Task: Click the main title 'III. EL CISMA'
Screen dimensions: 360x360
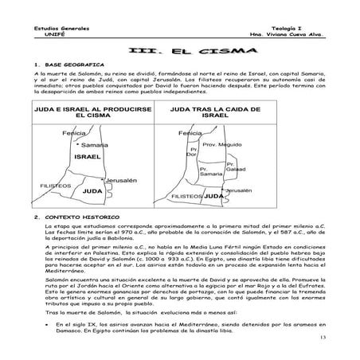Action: [181, 51]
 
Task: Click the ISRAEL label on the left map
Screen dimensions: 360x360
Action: [85, 158]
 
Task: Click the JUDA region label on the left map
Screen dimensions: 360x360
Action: [92, 192]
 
